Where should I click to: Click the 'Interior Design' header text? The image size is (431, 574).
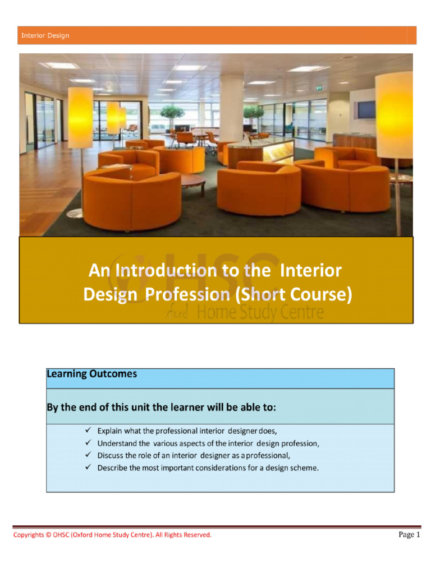coord(45,35)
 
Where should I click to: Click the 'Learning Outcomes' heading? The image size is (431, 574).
coord(91,374)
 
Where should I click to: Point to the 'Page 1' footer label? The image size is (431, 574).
coord(409,535)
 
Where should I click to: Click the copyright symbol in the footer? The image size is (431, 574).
coord(48,535)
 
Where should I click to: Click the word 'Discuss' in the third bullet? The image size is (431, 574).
coord(111,455)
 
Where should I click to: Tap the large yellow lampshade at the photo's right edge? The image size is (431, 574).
coord(394,115)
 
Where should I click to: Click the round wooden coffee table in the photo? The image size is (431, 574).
coord(192,180)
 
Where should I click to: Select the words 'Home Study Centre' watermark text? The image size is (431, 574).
coord(262,313)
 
